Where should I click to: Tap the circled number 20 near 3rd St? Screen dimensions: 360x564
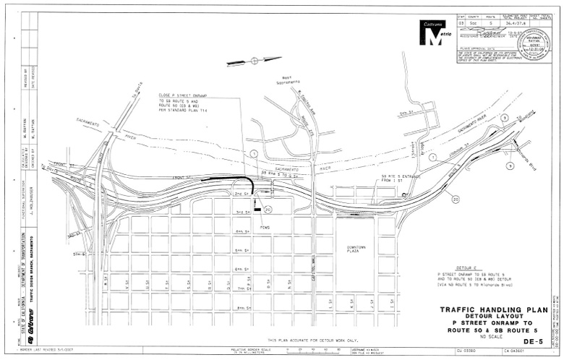point(268,210)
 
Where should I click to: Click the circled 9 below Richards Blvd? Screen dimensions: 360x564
point(510,166)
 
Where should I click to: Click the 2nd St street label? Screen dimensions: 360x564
point(241,194)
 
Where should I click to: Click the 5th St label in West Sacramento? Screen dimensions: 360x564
point(406,113)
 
